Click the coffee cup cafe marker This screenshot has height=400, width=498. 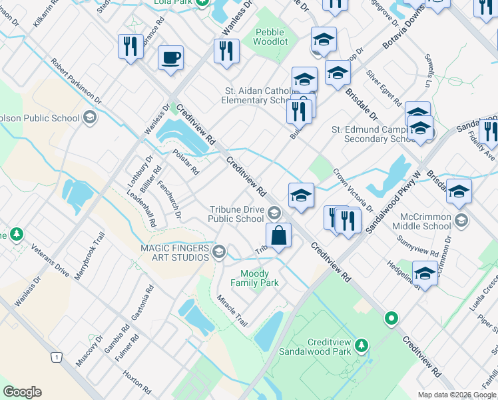(170, 57)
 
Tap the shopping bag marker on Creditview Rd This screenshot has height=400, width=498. (278, 236)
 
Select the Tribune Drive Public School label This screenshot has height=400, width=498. (236, 213)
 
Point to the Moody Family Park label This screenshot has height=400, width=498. (260, 278)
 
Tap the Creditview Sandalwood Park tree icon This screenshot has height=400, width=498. (362, 345)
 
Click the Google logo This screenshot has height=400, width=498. (22, 392)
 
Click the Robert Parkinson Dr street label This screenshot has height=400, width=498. (76, 80)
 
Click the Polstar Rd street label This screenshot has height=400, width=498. (186, 161)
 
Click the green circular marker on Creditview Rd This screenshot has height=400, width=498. (392, 319)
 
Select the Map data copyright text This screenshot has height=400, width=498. (456, 395)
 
